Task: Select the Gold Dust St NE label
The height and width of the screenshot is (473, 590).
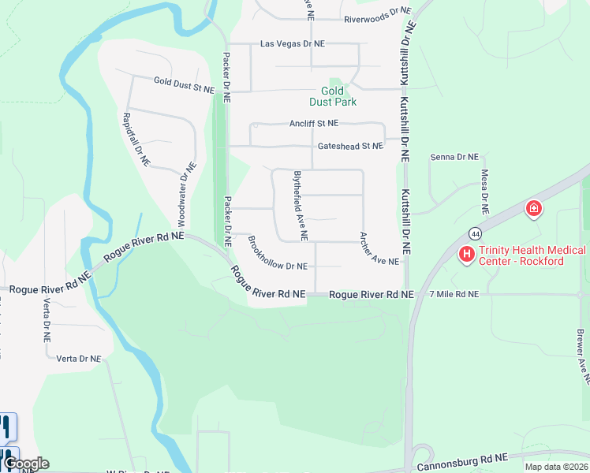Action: pos(184,85)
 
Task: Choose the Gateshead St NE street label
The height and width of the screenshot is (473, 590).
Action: pos(350,146)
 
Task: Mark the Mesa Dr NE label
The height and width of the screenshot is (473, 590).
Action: pos(484,192)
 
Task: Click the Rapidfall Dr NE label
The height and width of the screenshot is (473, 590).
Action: pos(136,138)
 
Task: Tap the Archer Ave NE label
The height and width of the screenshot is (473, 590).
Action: pos(380,248)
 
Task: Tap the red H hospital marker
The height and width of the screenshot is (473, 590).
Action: pos(466,255)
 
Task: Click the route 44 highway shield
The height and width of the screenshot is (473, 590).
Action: pos(475,233)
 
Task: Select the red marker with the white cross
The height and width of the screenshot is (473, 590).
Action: pos(534,209)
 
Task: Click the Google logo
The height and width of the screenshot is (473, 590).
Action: pos(25,464)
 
